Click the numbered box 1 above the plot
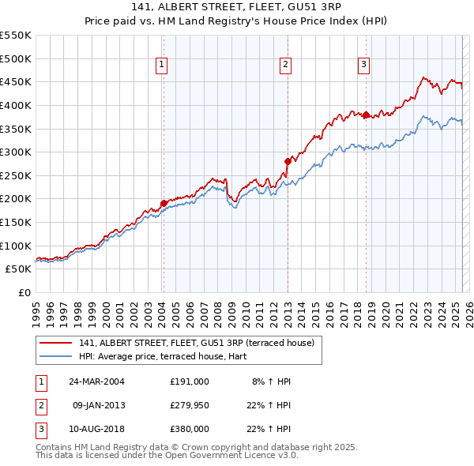point(161,66)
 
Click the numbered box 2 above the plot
point(285,66)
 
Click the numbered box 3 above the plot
point(363,66)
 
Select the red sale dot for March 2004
point(164,203)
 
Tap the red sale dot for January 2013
point(288,161)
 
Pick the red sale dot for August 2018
point(367,115)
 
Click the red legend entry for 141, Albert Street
point(197,343)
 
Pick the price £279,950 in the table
point(190,405)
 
